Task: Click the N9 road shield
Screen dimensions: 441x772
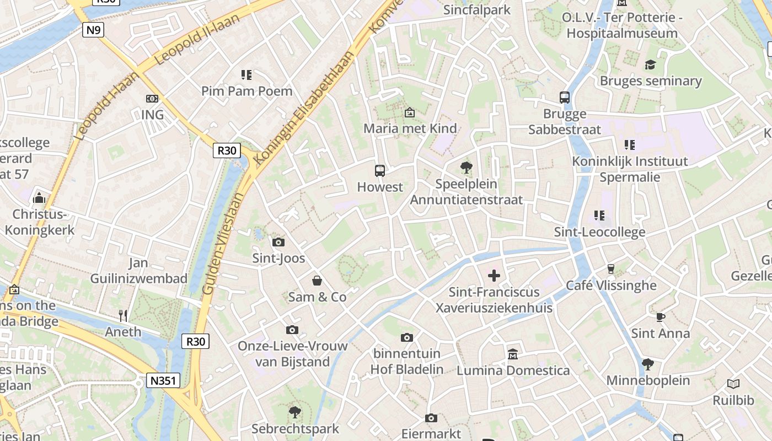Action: [93, 29]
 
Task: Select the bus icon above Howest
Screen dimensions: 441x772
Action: [380, 170]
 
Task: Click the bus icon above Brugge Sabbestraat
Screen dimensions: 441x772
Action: [565, 98]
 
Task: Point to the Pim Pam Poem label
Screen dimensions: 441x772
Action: [246, 91]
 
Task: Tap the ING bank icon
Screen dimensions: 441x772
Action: [152, 99]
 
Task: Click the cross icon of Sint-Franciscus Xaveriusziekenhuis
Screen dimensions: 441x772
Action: [494, 275]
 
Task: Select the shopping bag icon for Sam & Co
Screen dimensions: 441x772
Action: [317, 281]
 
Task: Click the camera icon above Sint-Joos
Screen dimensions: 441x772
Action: [278, 242]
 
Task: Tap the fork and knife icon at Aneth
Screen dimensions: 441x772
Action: [124, 315]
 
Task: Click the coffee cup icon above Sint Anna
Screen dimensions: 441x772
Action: [660, 317]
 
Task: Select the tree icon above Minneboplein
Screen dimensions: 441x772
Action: [648, 364]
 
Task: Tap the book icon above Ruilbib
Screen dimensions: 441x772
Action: [733, 384]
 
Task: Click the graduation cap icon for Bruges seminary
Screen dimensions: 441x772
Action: [650, 64]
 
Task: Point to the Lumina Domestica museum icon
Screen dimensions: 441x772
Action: [513, 353]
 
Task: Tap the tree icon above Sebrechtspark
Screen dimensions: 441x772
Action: [295, 412]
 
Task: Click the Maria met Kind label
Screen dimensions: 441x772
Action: [410, 128]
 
